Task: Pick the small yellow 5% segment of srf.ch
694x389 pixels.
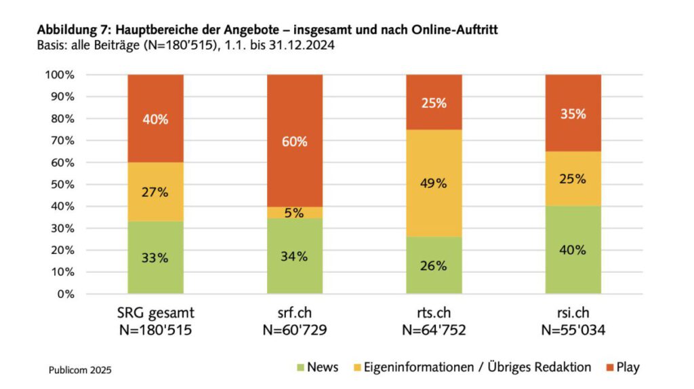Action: [295, 212]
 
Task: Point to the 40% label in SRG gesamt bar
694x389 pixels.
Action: [155, 119]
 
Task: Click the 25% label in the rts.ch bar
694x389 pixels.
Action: [434, 103]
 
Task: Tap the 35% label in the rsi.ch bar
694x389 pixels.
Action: [573, 114]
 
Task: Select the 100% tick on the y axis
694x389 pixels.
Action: [60, 75]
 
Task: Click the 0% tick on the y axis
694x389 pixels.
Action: [66, 294]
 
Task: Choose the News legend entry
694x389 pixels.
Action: [317, 367]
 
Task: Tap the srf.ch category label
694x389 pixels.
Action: [295, 315]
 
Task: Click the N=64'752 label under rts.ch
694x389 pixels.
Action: [434, 331]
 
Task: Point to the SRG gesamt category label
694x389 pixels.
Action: [155, 315]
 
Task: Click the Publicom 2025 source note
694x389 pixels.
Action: [80, 370]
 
